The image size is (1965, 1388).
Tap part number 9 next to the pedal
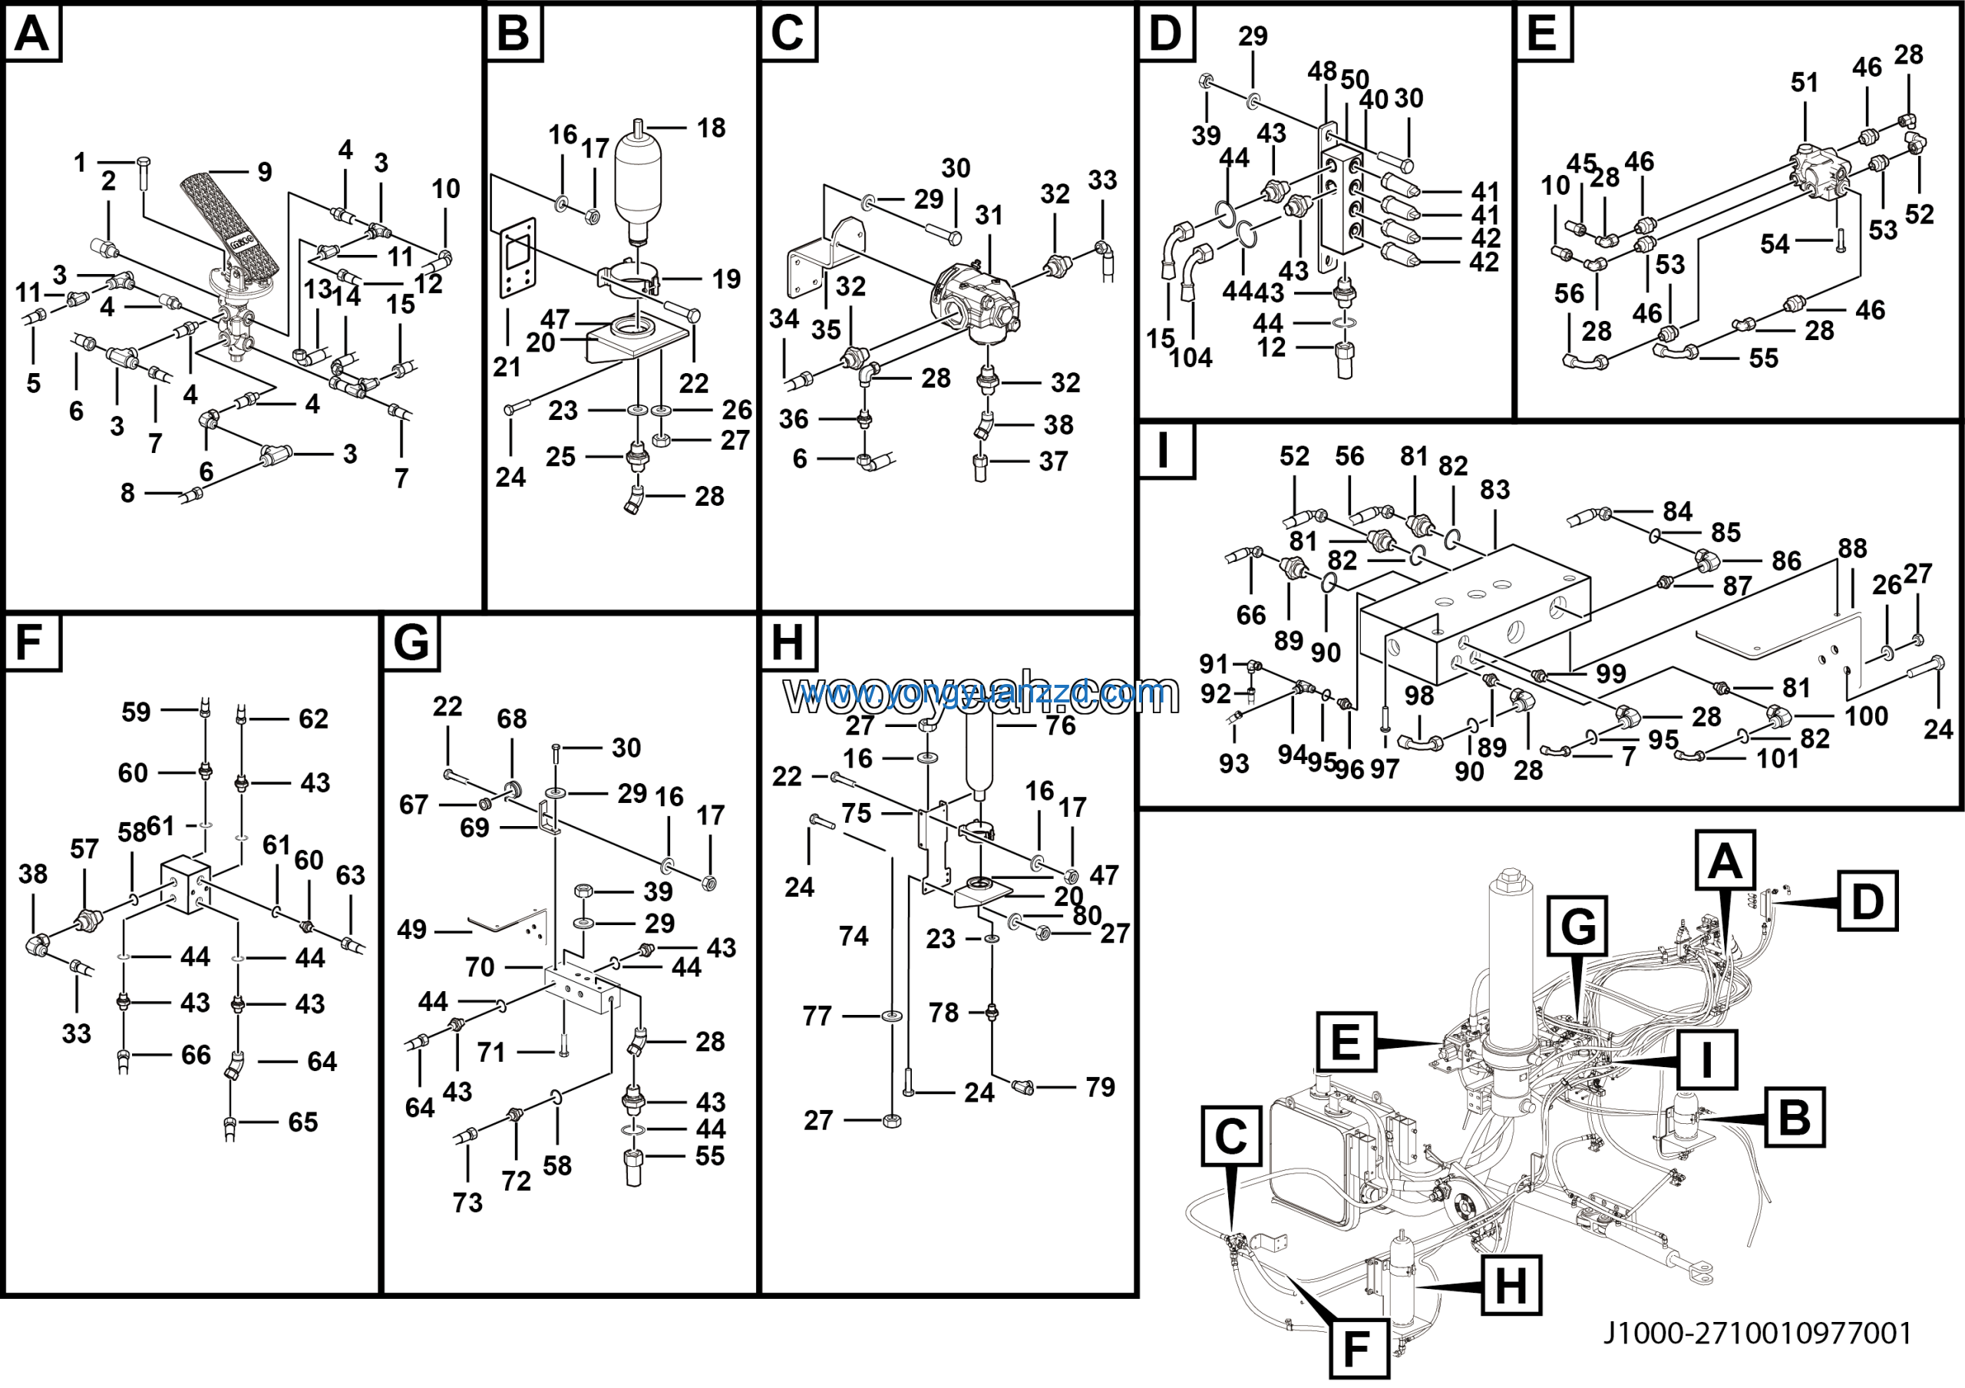[x=265, y=173]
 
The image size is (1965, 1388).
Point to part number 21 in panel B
[x=507, y=367]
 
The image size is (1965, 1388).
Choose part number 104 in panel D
[x=1191, y=358]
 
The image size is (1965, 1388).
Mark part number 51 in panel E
[x=1804, y=83]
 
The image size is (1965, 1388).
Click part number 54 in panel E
[x=1774, y=245]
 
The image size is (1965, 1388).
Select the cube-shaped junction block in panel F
[x=186, y=884]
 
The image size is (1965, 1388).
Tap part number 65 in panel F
[x=303, y=1122]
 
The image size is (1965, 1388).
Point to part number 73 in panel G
[x=467, y=1202]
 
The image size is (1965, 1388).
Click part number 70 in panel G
[x=479, y=967]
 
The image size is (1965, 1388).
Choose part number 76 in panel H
[x=1060, y=725]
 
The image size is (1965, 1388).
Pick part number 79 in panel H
[x=1100, y=1087]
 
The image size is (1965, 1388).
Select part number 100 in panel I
[x=1866, y=715]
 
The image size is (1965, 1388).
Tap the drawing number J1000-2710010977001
[x=1757, y=1333]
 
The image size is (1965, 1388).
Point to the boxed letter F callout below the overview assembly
[x=1358, y=1349]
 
